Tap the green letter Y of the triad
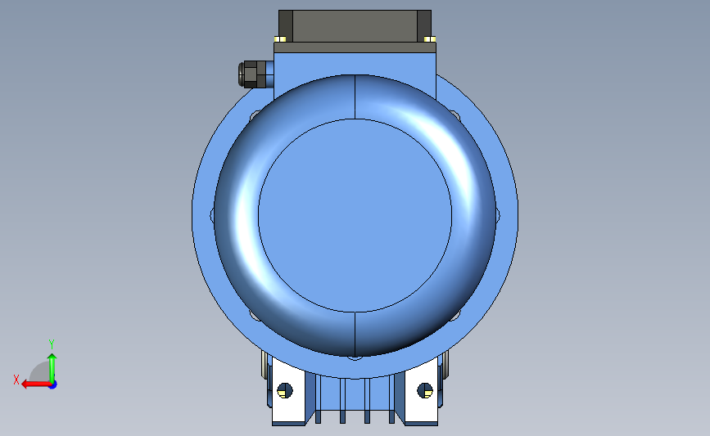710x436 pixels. (51, 344)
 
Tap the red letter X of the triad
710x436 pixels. (16, 380)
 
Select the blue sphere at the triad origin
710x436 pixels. (52, 384)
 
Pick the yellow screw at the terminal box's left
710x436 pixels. (282, 38)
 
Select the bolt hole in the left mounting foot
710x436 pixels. (285, 390)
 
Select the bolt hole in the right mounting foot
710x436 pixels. (424, 390)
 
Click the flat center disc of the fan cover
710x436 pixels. (355, 214)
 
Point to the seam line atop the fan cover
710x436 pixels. (355, 97)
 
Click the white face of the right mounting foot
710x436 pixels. (419, 413)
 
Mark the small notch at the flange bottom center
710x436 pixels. (354, 357)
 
